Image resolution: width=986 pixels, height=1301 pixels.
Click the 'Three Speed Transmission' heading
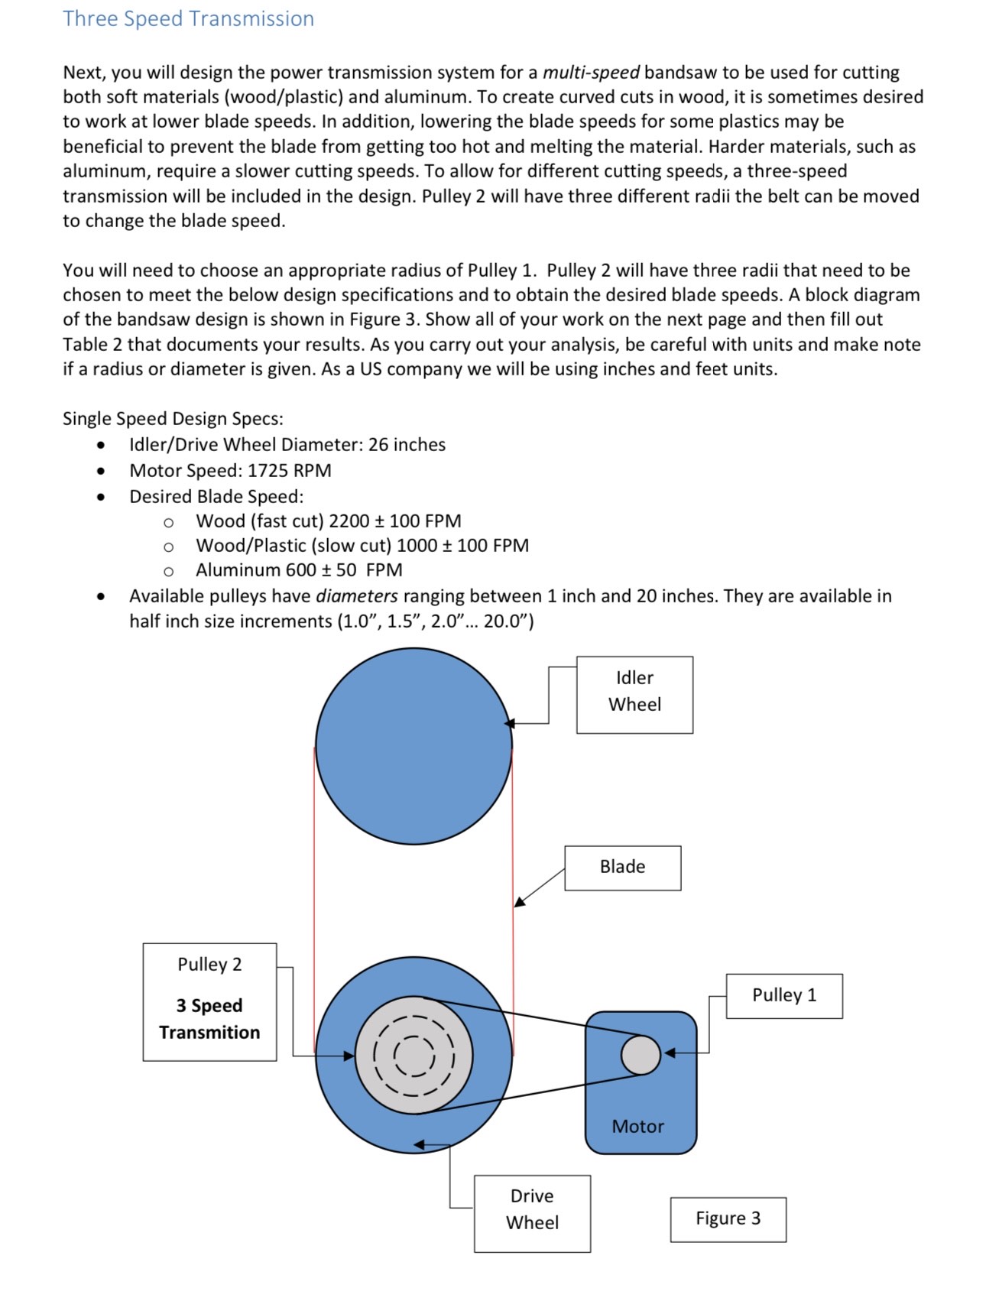pos(188,18)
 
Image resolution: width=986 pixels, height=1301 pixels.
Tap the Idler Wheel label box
pos(634,694)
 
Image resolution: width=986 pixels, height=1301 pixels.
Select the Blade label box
pos(622,867)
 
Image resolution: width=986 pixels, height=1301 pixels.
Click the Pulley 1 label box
pos(784,995)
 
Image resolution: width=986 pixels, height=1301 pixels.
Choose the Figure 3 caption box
pos(728,1218)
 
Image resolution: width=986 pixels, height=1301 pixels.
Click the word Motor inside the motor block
pos(637,1126)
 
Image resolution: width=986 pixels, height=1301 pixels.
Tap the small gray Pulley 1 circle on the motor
pos(641,1055)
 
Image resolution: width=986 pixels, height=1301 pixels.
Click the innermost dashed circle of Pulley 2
pos(414,1056)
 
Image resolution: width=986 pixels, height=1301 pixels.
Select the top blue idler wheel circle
pos(414,746)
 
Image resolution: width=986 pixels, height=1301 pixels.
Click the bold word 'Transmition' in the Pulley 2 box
pos(209,1033)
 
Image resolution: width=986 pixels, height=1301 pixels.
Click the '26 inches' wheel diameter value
pos(407,445)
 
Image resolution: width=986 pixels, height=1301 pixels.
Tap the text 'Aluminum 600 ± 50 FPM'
pos(299,570)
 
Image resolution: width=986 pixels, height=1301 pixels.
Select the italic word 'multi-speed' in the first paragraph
pos(591,73)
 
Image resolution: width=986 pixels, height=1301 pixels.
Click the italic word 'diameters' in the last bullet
pos(356,596)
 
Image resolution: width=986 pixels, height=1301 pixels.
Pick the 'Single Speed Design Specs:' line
pos(173,419)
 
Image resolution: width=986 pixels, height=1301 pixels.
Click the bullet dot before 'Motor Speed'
pos(101,471)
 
